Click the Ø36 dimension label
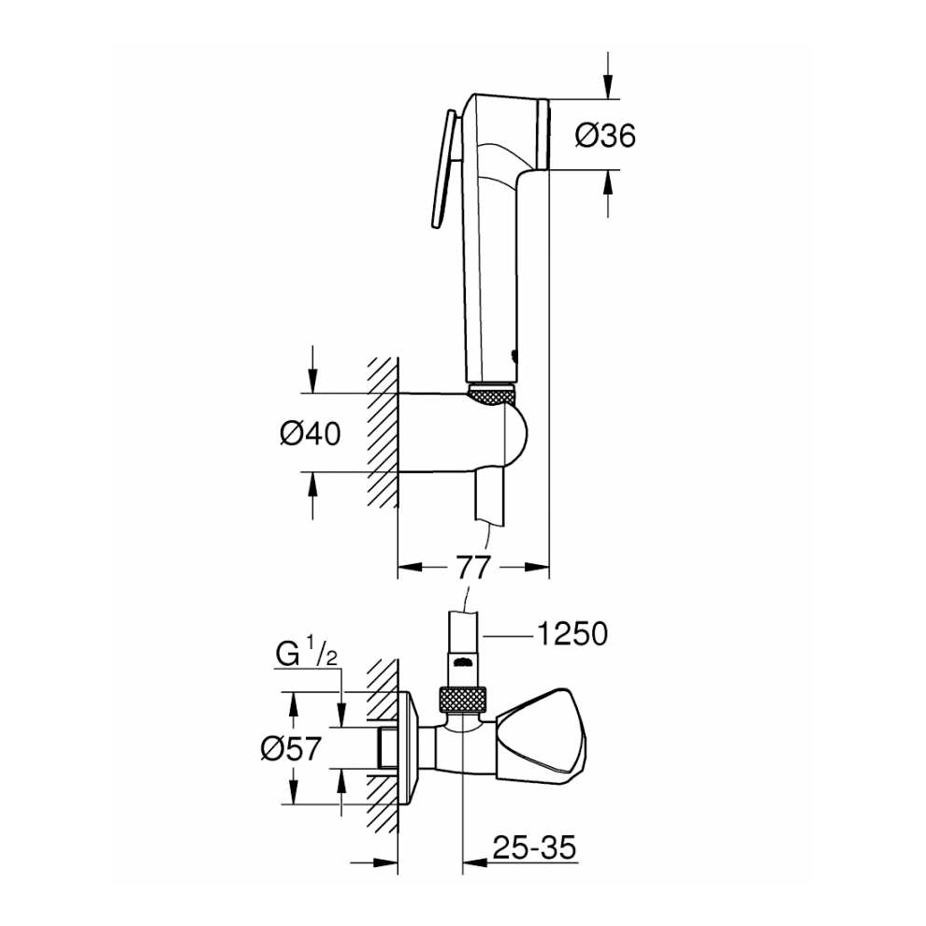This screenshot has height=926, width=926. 605,137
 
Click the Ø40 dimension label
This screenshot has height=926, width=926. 310,433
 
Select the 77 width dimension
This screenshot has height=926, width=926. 472,566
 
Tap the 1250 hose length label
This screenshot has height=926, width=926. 572,634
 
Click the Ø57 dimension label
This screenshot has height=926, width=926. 290,748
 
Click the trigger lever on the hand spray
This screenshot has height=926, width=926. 442,168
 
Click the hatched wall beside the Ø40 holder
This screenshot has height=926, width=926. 382,432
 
